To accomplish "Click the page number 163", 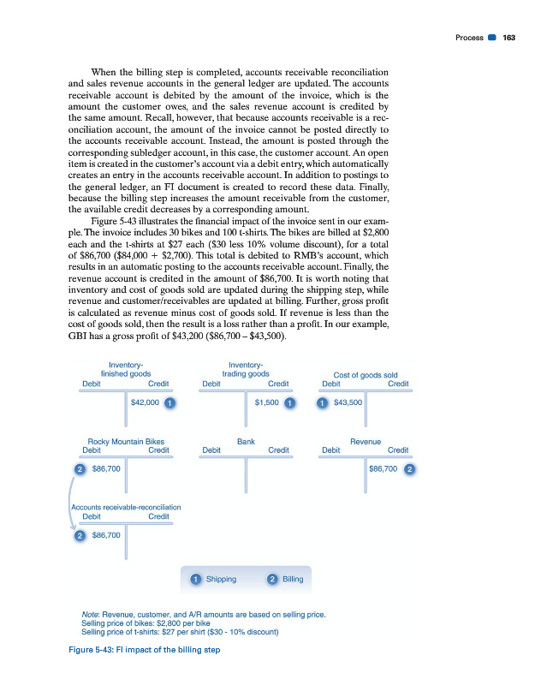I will pos(508,38).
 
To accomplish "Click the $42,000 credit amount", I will pos(146,402).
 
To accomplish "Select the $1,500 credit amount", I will pos(268,402).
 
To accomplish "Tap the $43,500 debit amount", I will pos(348,402).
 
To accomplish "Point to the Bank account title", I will pos(246,442).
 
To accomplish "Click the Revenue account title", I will pos(366,442).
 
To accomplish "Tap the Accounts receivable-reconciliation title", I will pos(125,508).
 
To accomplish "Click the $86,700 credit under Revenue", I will pos(383,469).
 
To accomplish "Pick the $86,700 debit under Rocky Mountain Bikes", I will pos(105,469).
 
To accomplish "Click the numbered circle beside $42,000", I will pos(170,402).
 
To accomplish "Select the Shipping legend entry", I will pos(222,579).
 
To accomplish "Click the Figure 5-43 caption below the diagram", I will pos(144,650).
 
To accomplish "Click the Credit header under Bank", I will pos(278,450).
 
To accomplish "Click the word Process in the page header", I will pos(470,38).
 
